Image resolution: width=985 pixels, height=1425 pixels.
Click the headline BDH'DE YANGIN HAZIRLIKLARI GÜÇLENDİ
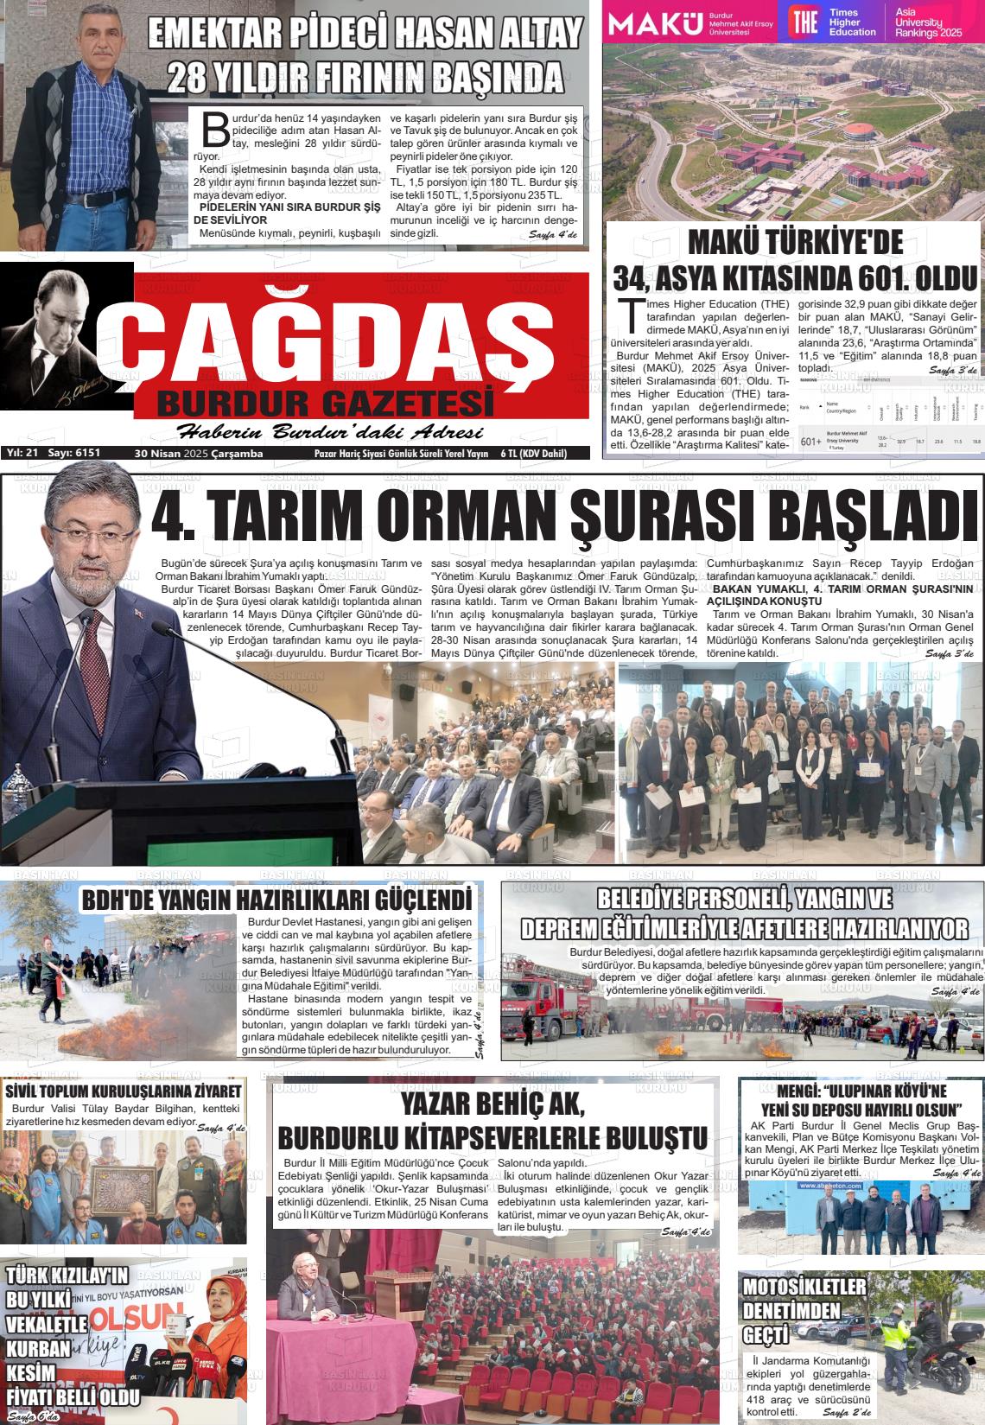pos(277,900)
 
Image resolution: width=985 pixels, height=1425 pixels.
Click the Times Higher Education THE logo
pos(804,22)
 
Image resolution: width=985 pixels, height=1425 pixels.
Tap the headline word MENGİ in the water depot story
pos(798,1091)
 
